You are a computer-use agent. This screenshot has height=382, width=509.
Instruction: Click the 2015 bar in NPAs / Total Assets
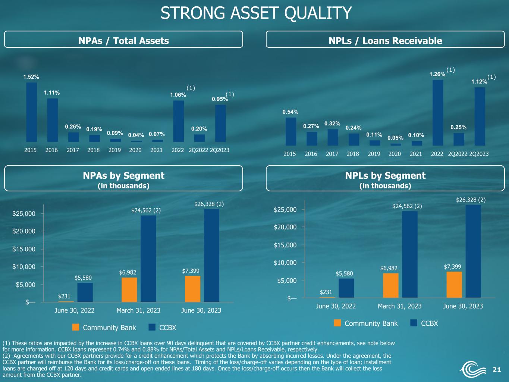click(32, 112)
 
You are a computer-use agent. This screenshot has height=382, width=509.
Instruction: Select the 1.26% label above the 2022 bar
click(437, 74)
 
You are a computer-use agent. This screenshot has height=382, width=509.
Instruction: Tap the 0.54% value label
click(290, 112)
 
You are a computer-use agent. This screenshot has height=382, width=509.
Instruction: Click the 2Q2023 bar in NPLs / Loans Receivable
click(480, 116)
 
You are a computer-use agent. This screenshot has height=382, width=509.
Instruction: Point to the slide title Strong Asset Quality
click(256, 13)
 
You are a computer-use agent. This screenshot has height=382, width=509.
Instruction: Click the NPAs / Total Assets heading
click(123, 41)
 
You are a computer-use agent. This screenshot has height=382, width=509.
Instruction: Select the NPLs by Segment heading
click(385, 176)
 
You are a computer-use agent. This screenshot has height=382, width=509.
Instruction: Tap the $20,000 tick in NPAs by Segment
click(24, 231)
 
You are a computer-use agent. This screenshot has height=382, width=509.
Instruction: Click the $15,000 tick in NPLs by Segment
click(285, 245)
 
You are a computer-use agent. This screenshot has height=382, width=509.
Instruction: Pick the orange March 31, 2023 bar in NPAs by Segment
click(129, 290)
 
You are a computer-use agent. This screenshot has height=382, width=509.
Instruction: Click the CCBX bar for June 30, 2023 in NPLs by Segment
click(473, 251)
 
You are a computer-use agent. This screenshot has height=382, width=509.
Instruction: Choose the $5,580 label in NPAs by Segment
click(83, 278)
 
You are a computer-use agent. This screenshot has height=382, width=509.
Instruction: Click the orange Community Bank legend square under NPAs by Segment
click(76, 327)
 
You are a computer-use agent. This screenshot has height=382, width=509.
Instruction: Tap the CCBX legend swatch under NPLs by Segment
click(414, 323)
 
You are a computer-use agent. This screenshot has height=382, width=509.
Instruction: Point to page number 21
click(496, 369)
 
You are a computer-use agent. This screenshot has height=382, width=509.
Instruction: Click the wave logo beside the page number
click(472, 369)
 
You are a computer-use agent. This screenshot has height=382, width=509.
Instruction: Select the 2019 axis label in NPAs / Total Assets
click(114, 150)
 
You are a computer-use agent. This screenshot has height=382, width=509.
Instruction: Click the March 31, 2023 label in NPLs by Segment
click(399, 306)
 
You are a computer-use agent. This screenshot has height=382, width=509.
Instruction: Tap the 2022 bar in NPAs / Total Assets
click(179, 121)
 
